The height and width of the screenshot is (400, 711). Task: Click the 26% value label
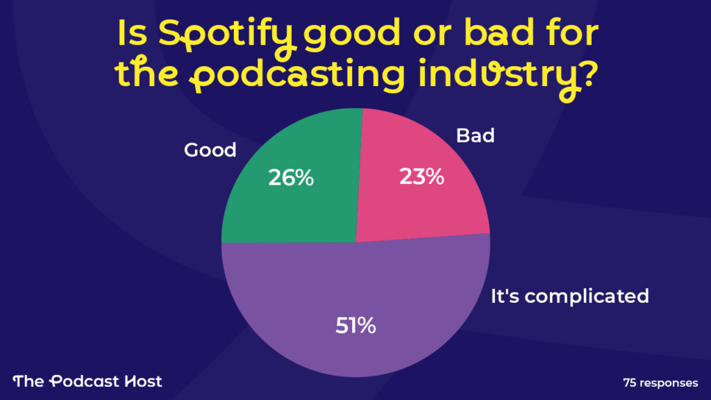(291, 178)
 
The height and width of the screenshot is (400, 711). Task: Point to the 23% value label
(421, 176)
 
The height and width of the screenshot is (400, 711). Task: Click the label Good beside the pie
(210, 150)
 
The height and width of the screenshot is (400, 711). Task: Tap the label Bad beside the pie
(475, 135)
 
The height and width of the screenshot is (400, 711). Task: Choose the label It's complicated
(569, 297)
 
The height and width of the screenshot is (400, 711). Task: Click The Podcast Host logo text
(87, 381)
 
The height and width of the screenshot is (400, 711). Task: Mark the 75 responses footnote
(660, 382)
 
